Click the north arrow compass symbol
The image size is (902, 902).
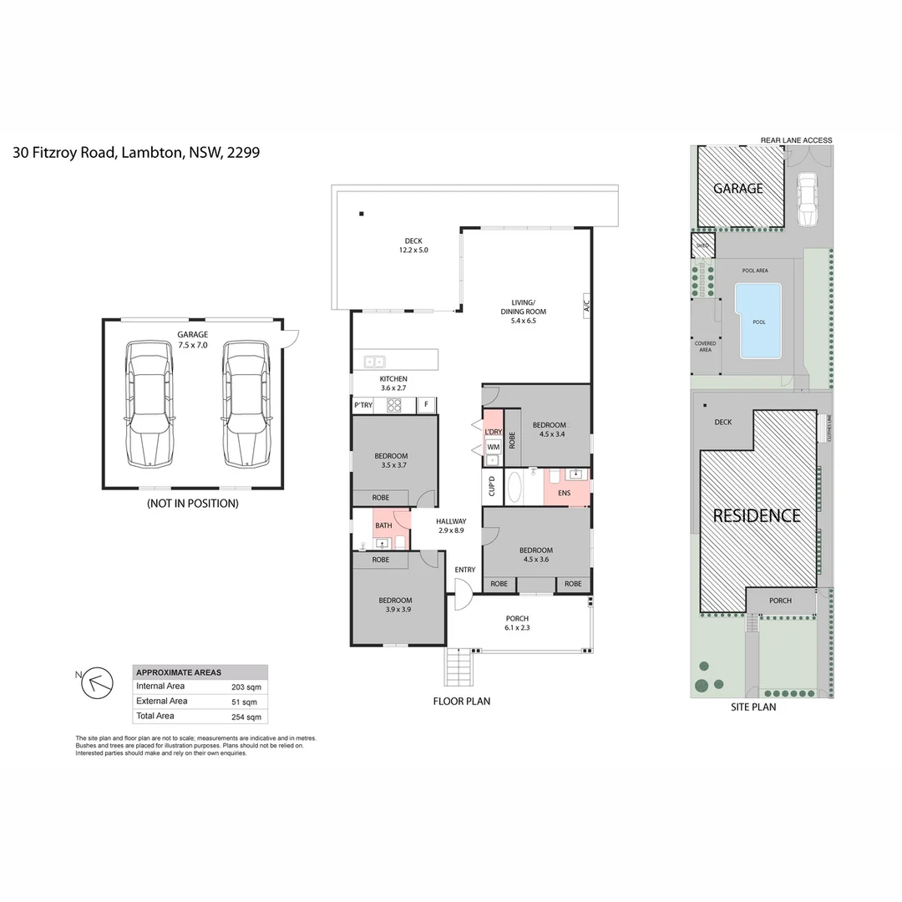94,683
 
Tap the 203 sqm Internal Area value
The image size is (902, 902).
246,687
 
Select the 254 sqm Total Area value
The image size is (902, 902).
246,717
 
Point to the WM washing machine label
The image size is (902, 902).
493,447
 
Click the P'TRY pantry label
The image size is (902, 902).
362,405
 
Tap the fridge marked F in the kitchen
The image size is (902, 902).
426,405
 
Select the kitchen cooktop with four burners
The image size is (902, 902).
394,406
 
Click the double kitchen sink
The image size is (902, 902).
373,362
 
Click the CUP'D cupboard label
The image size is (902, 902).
491,485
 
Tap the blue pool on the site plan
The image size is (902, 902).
758,321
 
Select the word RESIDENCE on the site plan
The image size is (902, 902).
756,515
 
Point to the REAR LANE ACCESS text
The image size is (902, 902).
796,140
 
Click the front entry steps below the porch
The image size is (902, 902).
459,667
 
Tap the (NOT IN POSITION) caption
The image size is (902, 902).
192,504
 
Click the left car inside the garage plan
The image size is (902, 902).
149,403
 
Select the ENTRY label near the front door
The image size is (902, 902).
465,570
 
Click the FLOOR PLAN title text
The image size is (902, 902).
461,702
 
